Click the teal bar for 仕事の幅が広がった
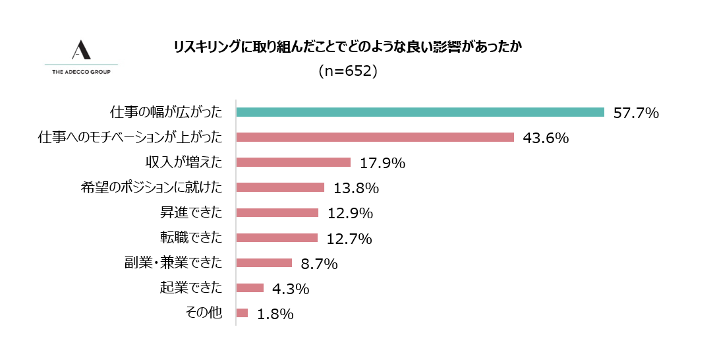point(420,112)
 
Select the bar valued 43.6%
point(374,137)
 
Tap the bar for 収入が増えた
point(293,162)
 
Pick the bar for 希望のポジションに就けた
point(279,187)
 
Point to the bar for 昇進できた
point(277,212)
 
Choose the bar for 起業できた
point(250,287)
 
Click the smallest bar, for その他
point(242,313)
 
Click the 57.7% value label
point(636,113)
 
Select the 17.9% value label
point(382,163)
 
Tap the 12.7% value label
point(349,238)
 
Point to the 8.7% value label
point(319,264)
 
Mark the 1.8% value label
point(275,314)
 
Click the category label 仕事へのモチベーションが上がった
point(130,137)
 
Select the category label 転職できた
point(191,237)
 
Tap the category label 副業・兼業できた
point(173,262)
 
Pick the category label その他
point(205,313)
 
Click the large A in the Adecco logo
point(81,50)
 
